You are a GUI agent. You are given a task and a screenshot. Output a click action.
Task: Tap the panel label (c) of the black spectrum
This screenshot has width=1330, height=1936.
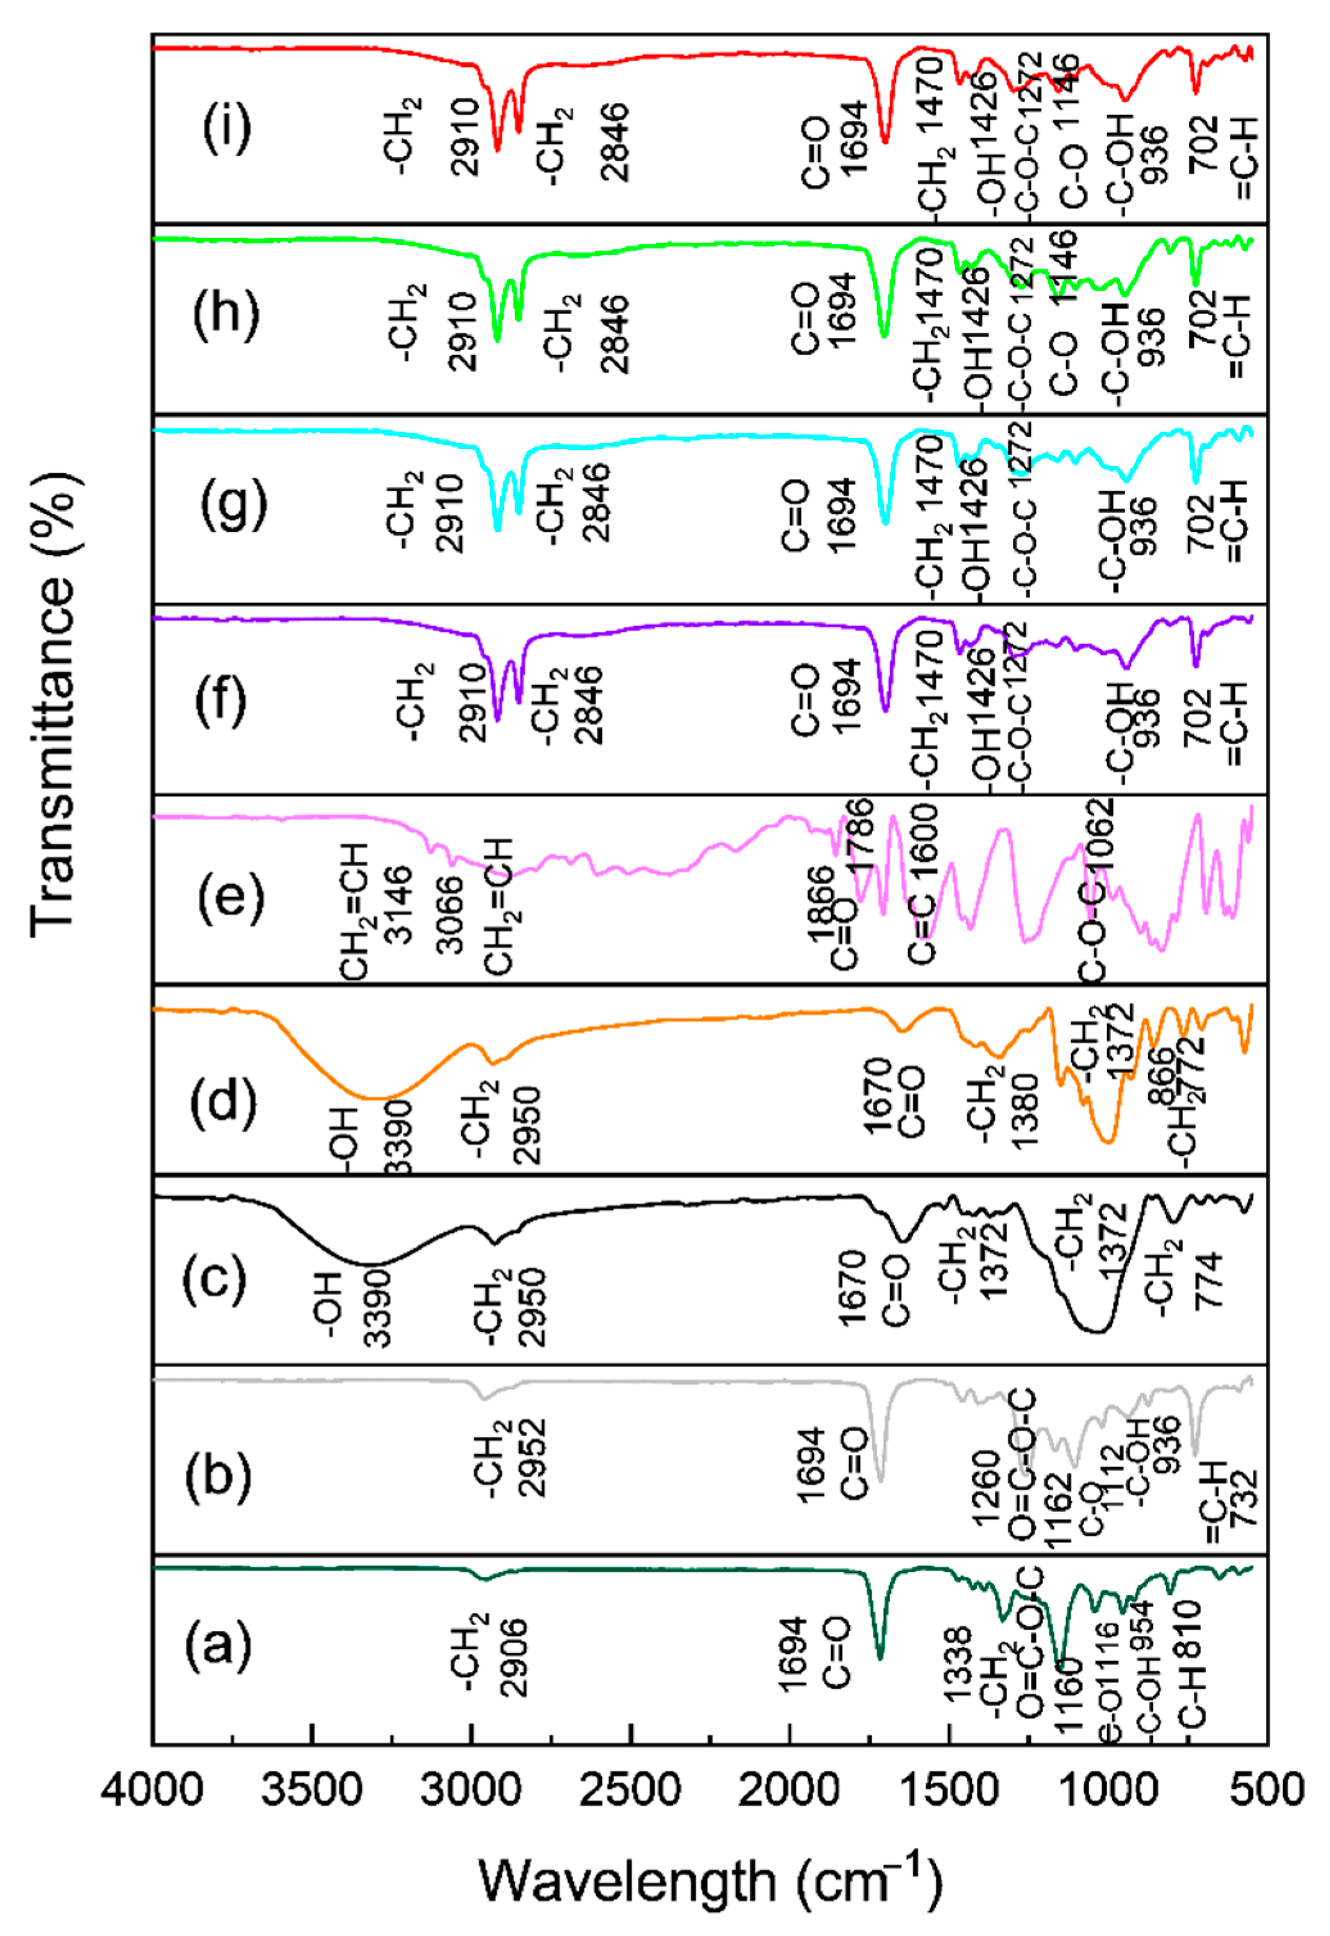pos(215,1278)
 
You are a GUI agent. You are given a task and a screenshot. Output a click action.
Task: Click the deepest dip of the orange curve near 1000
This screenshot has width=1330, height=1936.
pos(1106,1142)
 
